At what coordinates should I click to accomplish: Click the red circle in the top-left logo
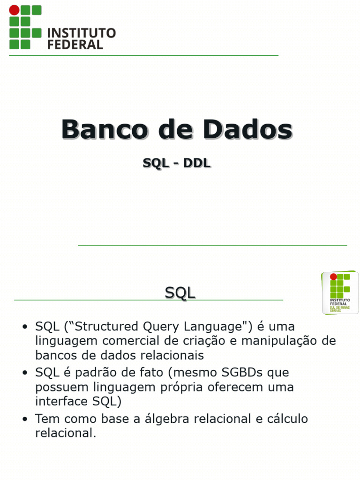pos(15,10)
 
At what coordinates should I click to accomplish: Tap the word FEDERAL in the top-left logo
pos(75,45)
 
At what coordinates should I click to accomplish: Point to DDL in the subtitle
pos(197,163)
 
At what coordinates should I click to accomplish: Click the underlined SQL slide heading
pos(180,293)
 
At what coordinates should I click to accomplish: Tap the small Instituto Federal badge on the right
pos(339,292)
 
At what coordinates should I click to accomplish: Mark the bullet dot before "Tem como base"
pos(25,419)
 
